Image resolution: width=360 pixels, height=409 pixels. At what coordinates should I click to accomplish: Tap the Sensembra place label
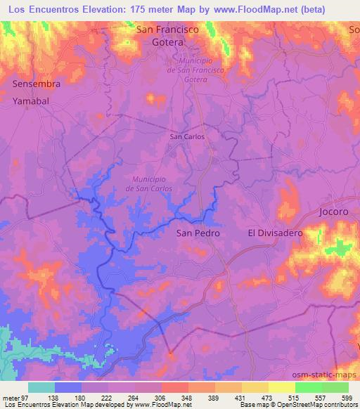[x=37, y=84]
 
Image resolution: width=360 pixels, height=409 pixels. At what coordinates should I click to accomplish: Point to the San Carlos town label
[x=188, y=136]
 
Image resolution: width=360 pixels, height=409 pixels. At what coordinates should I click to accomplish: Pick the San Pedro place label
[x=198, y=233]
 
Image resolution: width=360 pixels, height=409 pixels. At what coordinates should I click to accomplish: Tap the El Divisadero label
[x=275, y=233]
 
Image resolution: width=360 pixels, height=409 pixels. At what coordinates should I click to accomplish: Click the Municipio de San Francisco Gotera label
[x=196, y=71]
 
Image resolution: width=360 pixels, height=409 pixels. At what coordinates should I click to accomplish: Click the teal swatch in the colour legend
[x=41, y=387]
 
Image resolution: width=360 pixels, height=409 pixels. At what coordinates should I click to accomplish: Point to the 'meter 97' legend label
[x=15, y=398]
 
